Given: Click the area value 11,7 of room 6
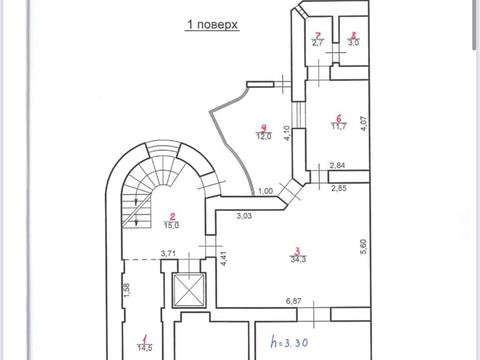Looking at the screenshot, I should pyautogui.click(x=339, y=126).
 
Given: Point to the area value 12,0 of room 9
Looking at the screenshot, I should pyautogui.click(x=262, y=135).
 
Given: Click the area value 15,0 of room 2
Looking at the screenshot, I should pyautogui.click(x=172, y=226).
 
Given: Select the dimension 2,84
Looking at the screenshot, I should pyautogui.click(x=337, y=166).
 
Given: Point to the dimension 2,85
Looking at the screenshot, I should pyautogui.click(x=338, y=188).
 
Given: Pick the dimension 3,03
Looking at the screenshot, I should pyautogui.click(x=244, y=215).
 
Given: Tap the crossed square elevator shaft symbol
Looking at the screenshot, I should pyautogui.click(x=187, y=291).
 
